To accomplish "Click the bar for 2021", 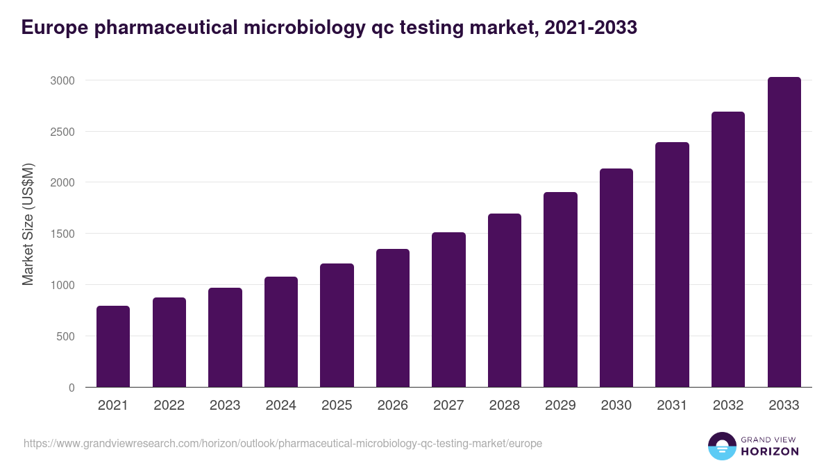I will point(113,347).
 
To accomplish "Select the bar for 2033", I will point(784,232).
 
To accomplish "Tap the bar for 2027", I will point(448,310).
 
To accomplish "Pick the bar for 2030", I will point(616,278).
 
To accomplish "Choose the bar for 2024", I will point(281,332).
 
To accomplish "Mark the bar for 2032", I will point(728,250).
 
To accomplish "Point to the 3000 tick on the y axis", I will point(62,80).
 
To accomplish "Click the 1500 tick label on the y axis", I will point(62,234).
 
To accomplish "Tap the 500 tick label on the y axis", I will point(65,336).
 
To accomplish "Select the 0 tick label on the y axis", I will point(71,388).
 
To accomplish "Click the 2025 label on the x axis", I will point(337,406).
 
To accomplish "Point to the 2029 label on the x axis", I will point(560,406).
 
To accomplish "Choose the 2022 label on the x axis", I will point(169,406).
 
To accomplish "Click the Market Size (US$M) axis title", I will point(28,225).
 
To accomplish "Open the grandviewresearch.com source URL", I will point(283,443).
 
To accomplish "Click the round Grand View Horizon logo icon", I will point(721,447).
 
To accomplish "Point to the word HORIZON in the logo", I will point(770,451).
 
